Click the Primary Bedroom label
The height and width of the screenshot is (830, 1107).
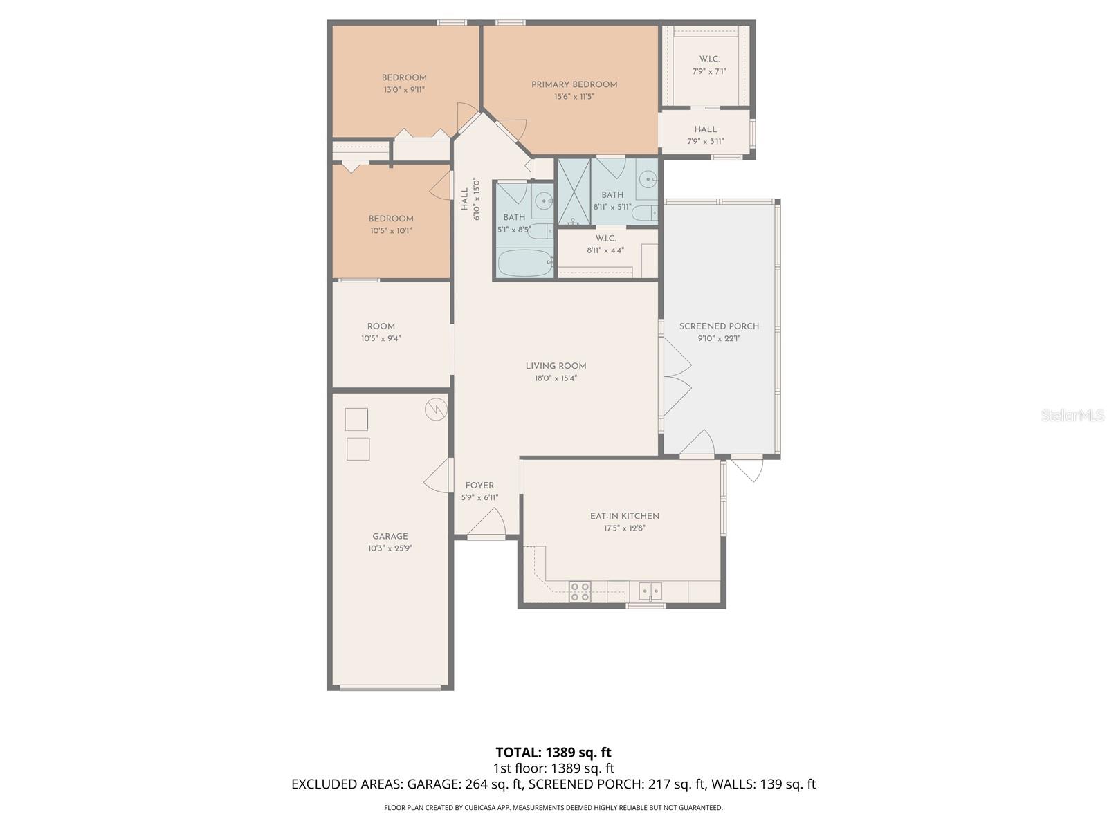(574, 85)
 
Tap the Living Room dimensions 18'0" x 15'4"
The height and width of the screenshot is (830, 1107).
(556, 378)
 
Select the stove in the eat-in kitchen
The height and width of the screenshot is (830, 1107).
(580, 591)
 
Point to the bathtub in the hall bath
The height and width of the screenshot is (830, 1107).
(524, 263)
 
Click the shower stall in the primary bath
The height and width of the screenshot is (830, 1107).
(574, 192)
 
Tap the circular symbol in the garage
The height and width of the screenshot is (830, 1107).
(436, 409)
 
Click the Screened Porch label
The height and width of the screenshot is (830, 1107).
(719, 326)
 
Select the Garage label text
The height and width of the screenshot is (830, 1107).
(390, 536)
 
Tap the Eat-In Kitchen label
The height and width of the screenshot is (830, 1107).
(624, 516)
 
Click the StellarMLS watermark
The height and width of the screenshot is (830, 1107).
(1072, 415)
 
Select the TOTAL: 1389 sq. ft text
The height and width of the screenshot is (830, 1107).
(553, 752)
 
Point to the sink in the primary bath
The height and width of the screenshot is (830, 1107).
(648, 180)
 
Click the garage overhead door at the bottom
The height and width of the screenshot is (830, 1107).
(390, 688)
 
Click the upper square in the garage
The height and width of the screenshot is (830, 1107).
(356, 419)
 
